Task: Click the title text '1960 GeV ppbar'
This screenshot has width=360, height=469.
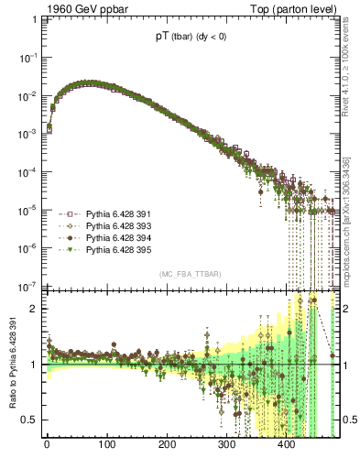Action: click(x=81, y=9)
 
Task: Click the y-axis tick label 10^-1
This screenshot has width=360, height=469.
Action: click(x=27, y=57)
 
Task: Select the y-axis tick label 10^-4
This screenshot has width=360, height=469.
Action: click(x=27, y=171)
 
